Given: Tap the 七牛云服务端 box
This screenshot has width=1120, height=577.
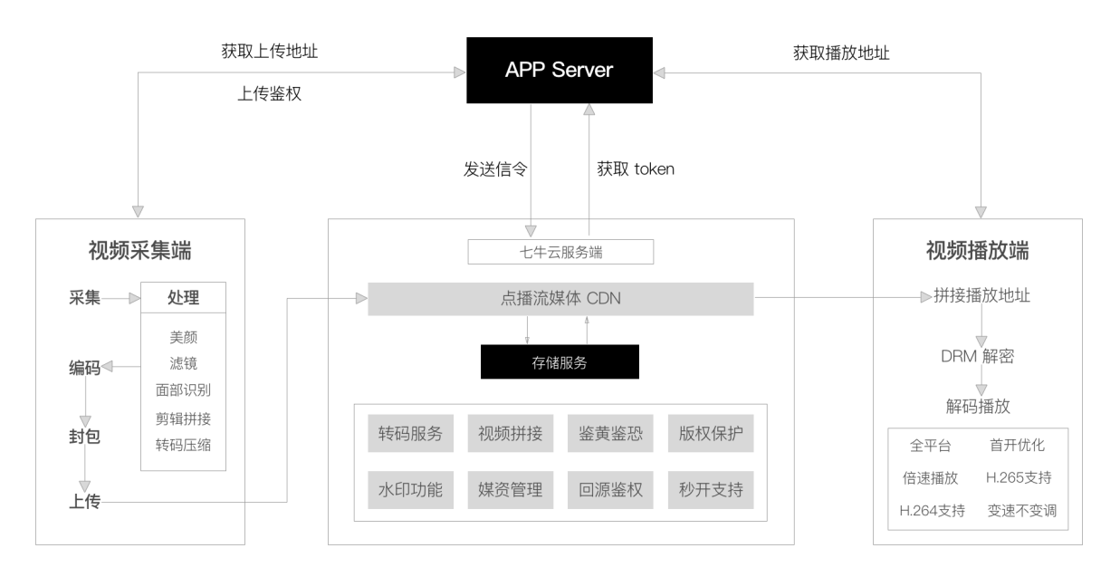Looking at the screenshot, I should (560, 251).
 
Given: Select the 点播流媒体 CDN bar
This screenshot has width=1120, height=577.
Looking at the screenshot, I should (560, 299).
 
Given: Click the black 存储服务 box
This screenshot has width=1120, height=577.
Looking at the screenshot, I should (560, 362).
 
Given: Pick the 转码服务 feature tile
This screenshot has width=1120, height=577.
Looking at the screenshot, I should (410, 433).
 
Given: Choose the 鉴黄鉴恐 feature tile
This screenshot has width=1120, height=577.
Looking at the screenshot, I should (610, 433).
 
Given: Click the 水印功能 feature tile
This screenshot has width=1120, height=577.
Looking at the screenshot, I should (410, 490).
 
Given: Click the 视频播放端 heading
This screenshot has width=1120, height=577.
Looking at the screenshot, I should (977, 251).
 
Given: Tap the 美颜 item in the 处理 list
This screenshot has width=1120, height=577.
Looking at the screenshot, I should (183, 337).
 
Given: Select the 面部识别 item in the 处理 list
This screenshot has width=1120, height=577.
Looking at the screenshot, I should (183, 390).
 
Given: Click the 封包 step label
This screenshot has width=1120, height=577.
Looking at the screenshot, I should (84, 436).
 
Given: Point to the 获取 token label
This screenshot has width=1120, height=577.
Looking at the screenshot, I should (636, 168).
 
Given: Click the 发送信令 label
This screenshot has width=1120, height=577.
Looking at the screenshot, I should (494, 168).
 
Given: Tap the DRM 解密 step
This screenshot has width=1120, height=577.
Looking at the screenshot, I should (977, 356).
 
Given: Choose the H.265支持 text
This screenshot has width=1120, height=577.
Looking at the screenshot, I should (1019, 477).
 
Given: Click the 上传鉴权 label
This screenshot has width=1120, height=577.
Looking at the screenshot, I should (268, 92).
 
